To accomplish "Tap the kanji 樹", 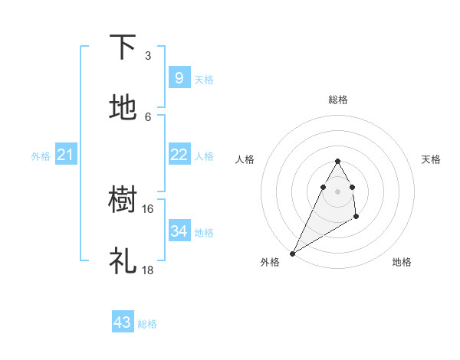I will click(x=123, y=201).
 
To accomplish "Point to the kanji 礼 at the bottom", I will click(x=123, y=262).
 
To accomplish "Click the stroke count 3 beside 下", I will click(x=148, y=56).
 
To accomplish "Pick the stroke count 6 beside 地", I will click(x=148, y=116).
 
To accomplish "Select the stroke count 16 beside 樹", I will click(x=148, y=209).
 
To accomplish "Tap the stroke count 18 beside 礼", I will click(x=148, y=270).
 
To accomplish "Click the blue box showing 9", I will click(x=179, y=77).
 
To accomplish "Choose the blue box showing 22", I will click(x=179, y=155).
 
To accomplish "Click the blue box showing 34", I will click(x=179, y=231).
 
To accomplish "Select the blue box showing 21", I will click(x=66, y=155).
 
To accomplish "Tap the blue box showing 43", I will click(x=123, y=322).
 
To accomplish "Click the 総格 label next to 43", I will click(x=147, y=324).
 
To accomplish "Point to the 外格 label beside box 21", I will click(x=41, y=156).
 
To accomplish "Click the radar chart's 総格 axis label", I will click(x=338, y=100).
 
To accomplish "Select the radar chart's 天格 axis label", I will click(x=432, y=159).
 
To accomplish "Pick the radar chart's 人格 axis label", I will click(x=245, y=159).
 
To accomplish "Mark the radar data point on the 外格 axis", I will click(x=292, y=253).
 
